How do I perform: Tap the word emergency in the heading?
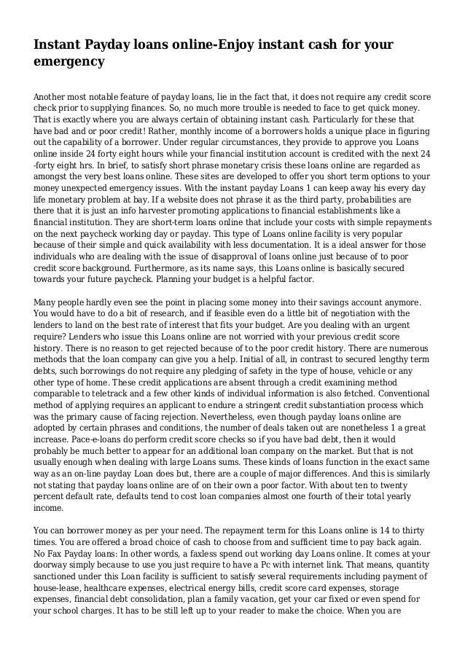[x=69, y=63]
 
